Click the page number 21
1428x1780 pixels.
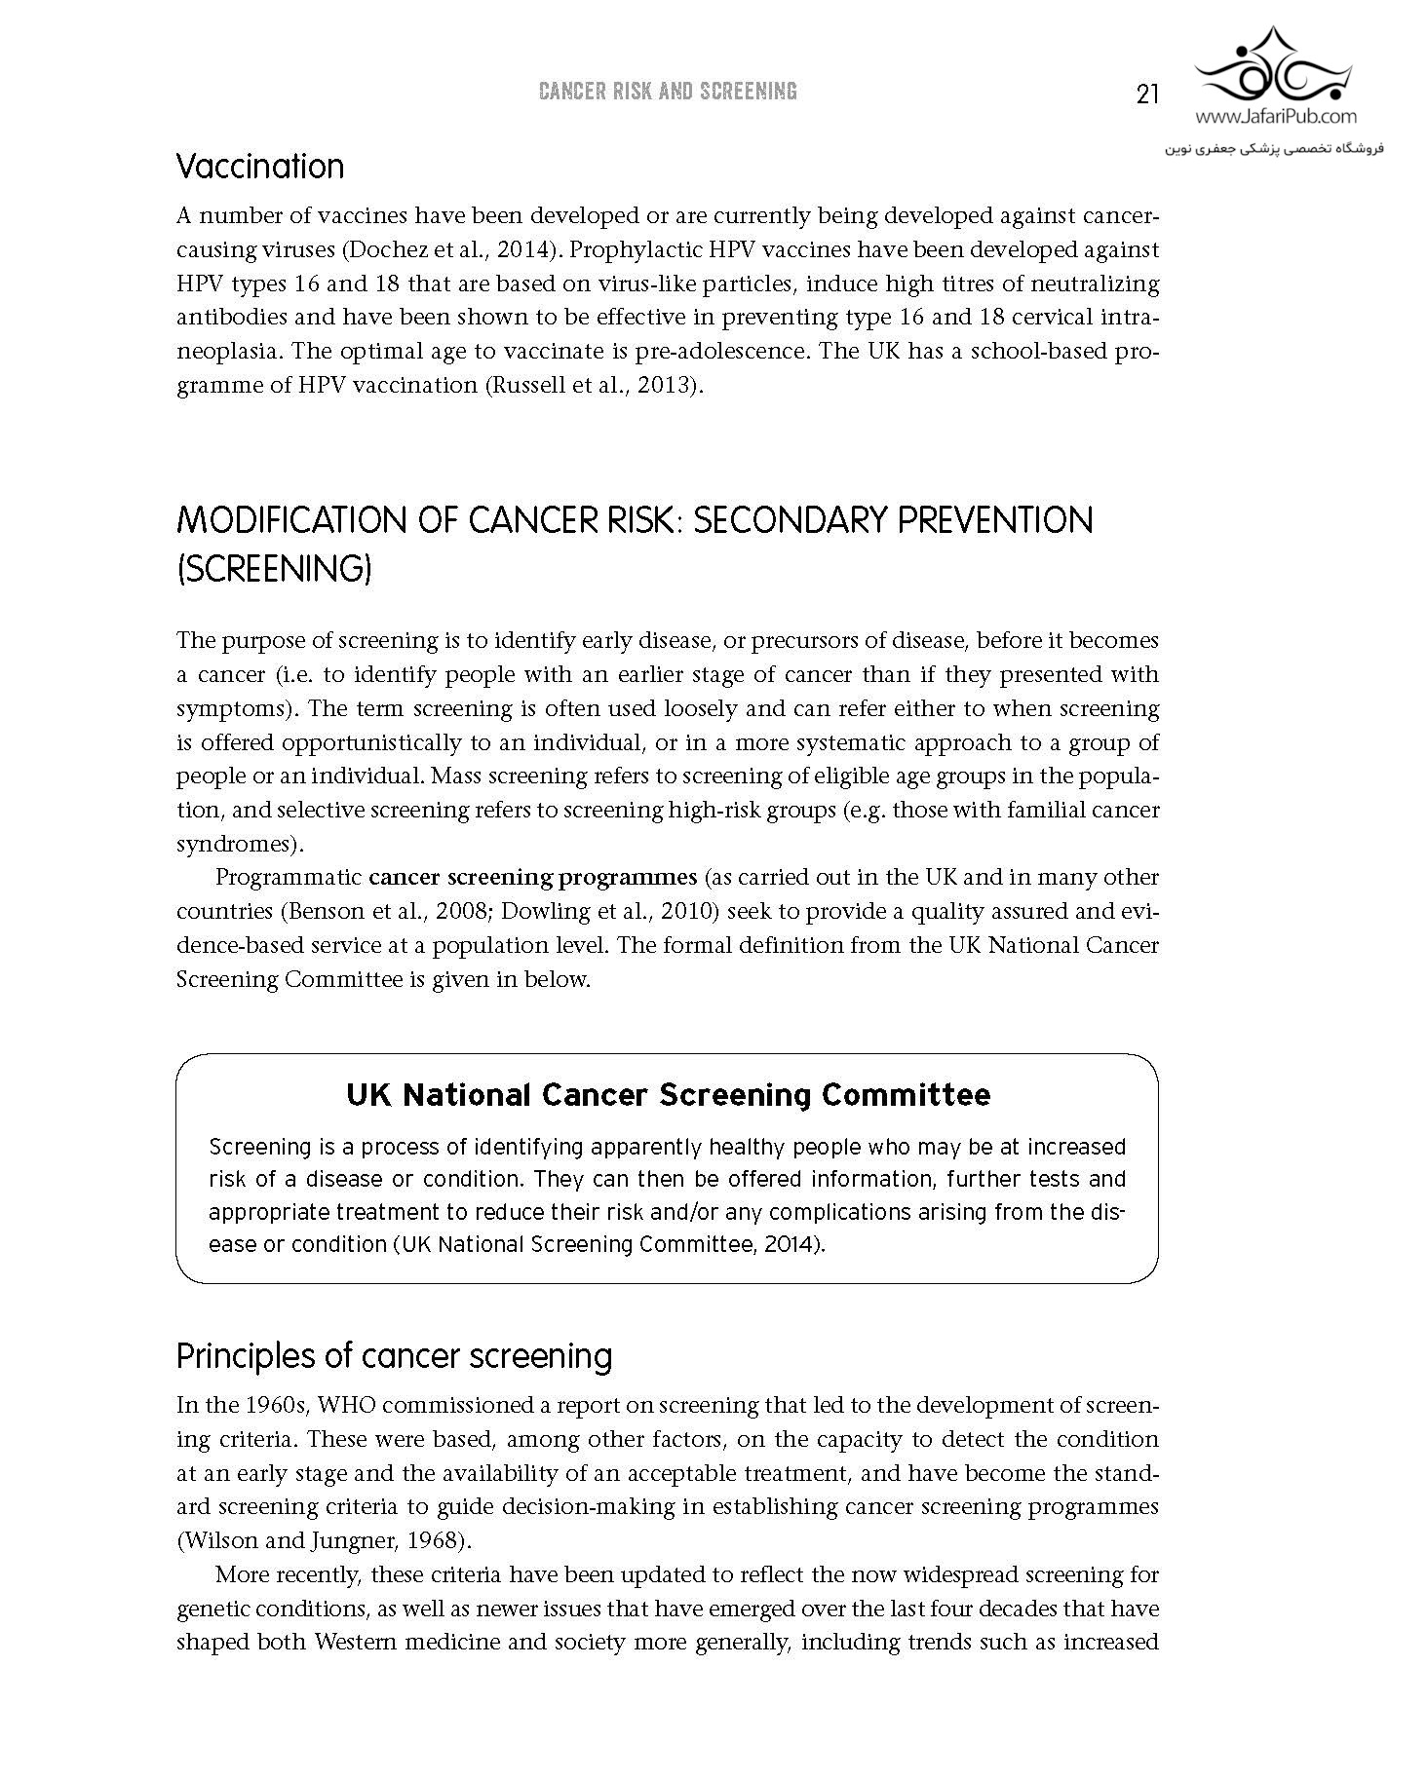click(1146, 94)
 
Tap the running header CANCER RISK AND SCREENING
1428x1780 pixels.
click(668, 92)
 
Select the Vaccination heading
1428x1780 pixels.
click(260, 167)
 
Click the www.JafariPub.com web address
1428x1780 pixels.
click(1275, 117)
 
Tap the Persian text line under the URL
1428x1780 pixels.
click(1275, 149)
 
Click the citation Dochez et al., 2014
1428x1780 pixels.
click(450, 250)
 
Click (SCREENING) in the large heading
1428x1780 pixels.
click(275, 569)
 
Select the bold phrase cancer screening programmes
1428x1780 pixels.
click(532, 877)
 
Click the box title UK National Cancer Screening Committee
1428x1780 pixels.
click(668, 1095)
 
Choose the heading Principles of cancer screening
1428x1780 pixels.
click(394, 1356)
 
